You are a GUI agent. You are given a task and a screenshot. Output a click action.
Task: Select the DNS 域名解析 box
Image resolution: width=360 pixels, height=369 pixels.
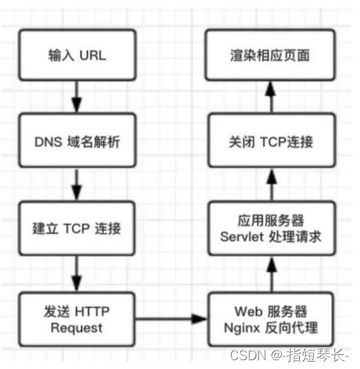tap(75, 141)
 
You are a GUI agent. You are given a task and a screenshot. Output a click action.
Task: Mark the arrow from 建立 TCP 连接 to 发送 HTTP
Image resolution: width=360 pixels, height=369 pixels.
tap(75, 272)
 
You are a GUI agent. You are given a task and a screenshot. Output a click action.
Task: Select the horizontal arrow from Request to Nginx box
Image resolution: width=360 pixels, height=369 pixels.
tap(169, 319)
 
